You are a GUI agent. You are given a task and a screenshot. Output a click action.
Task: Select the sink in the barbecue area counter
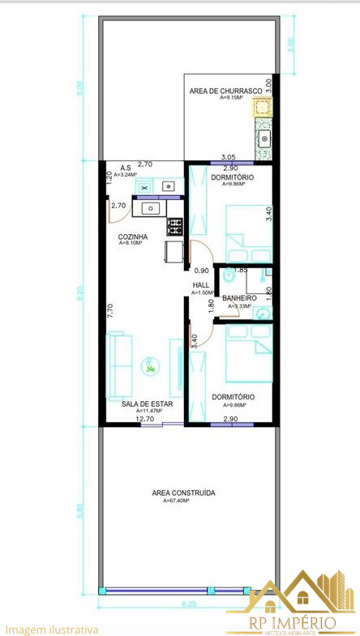click(x=264, y=139)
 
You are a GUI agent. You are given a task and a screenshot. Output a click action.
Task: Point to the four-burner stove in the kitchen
click(x=175, y=225)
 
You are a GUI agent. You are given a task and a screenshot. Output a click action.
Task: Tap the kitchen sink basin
click(x=151, y=208)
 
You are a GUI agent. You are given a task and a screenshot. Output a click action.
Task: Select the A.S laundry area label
click(x=126, y=169)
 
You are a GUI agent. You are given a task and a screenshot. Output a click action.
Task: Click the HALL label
click(x=200, y=285)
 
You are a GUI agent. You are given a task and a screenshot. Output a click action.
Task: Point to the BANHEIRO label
click(x=239, y=298)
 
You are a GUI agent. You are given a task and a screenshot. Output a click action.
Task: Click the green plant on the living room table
click(x=151, y=369)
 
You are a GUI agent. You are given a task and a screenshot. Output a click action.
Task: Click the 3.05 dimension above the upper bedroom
click(x=229, y=157)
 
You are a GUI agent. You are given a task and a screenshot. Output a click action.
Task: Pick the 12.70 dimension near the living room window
click(x=145, y=419)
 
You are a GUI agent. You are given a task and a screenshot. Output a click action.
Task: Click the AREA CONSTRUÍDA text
click(x=183, y=493)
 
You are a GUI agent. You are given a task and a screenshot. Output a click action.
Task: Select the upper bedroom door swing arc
click(x=195, y=255)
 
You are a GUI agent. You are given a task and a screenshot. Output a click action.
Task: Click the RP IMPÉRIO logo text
click(x=293, y=622)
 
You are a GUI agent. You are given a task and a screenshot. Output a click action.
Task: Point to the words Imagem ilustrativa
click(x=52, y=629)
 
